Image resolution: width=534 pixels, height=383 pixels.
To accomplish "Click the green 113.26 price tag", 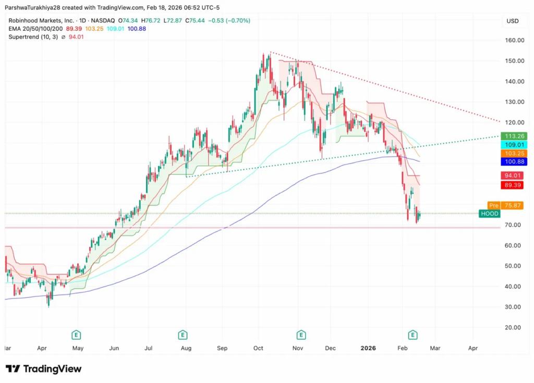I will pos(514,137).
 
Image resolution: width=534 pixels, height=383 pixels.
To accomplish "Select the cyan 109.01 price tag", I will pos(514,145).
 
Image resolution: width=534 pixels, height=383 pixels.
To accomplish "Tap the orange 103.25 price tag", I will pos(514,154).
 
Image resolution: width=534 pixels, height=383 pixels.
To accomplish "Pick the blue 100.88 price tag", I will pos(514,162).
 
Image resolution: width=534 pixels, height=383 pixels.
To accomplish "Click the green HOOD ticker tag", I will pos(490,214).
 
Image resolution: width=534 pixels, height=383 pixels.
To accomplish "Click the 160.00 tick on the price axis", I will pos(514,40).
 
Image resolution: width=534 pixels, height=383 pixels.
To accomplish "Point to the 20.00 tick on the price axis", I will pos(514,327).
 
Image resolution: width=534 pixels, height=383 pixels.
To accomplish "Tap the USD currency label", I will pos(512,21).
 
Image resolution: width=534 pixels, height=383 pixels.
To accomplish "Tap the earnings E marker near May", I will pos(76,334).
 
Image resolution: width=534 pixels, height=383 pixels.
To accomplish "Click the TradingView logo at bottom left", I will pos(44,369).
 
